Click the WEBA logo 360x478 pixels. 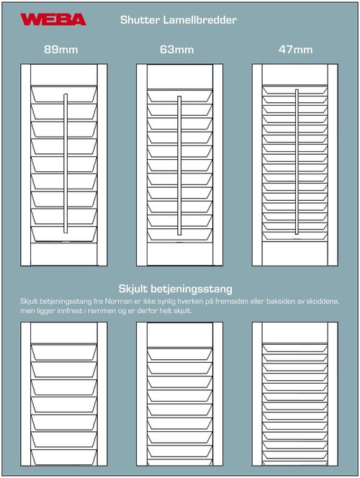click(x=53, y=19)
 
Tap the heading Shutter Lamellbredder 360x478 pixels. click(x=179, y=20)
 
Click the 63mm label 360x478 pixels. click(x=177, y=50)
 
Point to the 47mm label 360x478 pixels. click(x=295, y=50)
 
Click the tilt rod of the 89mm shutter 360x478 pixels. click(x=64, y=163)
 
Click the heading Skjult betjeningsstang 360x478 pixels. click(x=179, y=288)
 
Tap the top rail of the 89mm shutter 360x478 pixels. click(x=64, y=75)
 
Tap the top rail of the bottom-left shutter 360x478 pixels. click(x=64, y=332)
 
